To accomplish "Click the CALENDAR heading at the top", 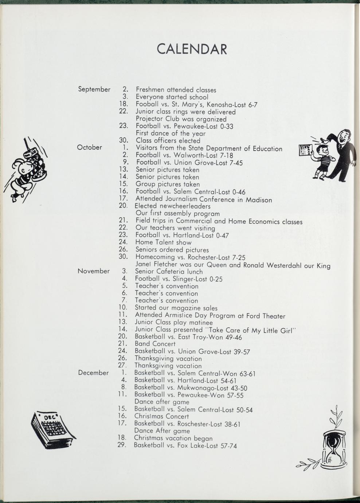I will (192, 49).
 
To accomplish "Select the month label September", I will (94, 89).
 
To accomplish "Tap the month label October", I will (90, 148).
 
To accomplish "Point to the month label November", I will (94, 271).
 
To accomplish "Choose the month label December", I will (93, 373).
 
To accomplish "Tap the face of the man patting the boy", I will (343, 138).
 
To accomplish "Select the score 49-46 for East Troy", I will (233, 338).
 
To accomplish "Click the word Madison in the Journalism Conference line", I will (258, 200).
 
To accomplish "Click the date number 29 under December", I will (122, 445).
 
